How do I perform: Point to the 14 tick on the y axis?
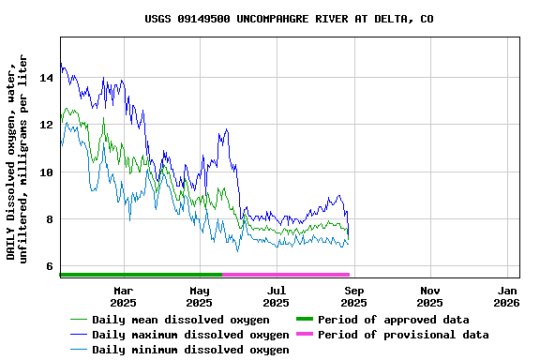(x=46, y=78)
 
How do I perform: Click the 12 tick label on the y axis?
(x=46, y=125)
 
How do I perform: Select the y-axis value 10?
(x=46, y=172)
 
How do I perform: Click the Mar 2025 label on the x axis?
(x=123, y=296)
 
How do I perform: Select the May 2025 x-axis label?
(x=199, y=296)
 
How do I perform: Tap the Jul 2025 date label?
(x=276, y=296)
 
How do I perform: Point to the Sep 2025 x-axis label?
(x=353, y=296)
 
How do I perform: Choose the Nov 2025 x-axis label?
(x=429, y=296)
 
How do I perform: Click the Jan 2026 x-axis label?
(x=506, y=296)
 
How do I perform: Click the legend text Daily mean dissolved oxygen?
(x=181, y=320)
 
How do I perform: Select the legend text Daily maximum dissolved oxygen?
(x=190, y=335)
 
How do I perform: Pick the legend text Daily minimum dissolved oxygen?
(x=190, y=350)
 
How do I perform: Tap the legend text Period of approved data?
(x=393, y=320)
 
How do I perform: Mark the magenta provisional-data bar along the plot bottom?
(x=285, y=275)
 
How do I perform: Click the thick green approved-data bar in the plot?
(x=141, y=275)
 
